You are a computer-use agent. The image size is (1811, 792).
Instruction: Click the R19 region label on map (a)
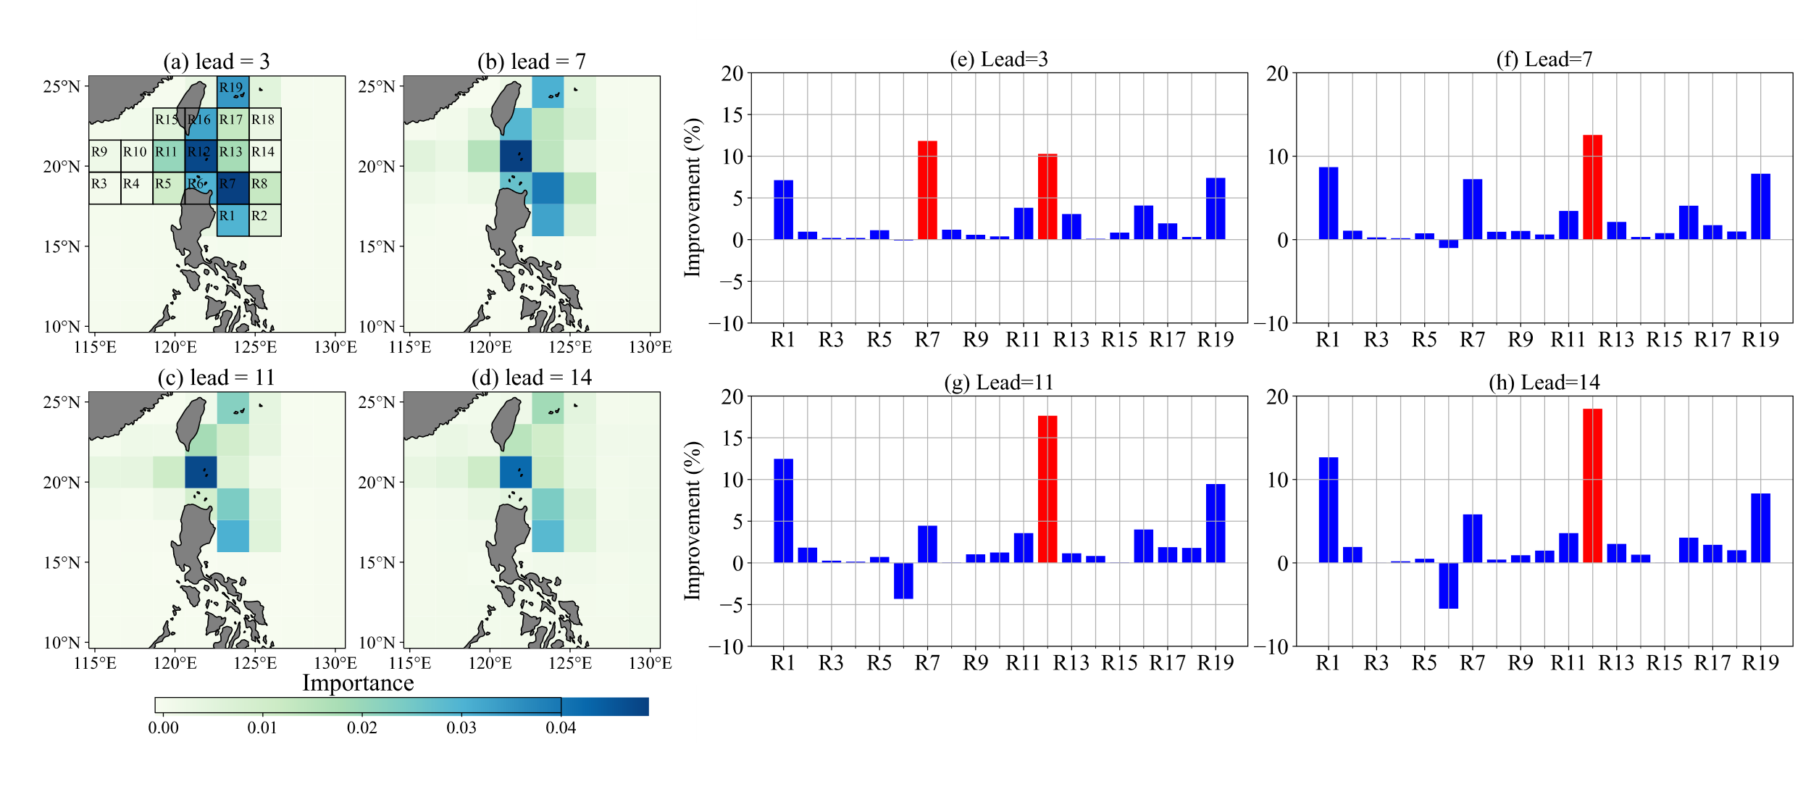pyautogui.click(x=231, y=88)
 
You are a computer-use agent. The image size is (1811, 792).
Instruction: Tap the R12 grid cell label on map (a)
pyautogui.click(x=198, y=152)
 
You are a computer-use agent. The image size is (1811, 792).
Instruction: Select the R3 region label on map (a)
pyautogui.click(x=99, y=184)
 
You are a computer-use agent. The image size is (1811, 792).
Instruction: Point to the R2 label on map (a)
pyautogui.click(x=259, y=216)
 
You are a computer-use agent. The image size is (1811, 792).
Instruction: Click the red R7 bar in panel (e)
pyautogui.click(x=927, y=191)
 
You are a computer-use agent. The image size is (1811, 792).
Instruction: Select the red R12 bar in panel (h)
pyautogui.click(x=1592, y=485)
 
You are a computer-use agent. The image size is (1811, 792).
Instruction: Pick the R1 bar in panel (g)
pyautogui.click(x=783, y=511)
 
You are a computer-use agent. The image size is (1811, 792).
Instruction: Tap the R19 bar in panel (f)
pyautogui.click(x=1760, y=207)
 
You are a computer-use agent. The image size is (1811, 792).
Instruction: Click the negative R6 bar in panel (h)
pyautogui.click(x=1448, y=585)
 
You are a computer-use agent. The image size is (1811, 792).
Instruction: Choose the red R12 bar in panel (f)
pyautogui.click(x=1592, y=187)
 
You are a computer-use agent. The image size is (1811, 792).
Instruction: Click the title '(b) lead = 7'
pyautogui.click(x=532, y=62)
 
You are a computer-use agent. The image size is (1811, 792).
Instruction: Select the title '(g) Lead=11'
pyautogui.click(x=998, y=383)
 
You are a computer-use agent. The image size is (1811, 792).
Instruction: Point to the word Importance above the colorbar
pyautogui.click(x=358, y=683)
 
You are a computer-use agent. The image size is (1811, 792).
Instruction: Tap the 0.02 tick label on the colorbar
pyautogui.click(x=361, y=728)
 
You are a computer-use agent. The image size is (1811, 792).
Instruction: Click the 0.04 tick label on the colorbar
pyautogui.click(x=561, y=728)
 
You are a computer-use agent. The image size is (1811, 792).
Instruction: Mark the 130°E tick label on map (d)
pyautogui.click(x=650, y=663)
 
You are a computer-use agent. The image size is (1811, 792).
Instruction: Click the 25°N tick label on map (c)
pyautogui.click(x=62, y=402)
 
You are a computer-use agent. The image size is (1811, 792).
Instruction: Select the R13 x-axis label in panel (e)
pyautogui.click(x=1071, y=340)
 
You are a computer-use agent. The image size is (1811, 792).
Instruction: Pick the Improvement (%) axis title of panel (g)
pyautogui.click(x=693, y=520)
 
